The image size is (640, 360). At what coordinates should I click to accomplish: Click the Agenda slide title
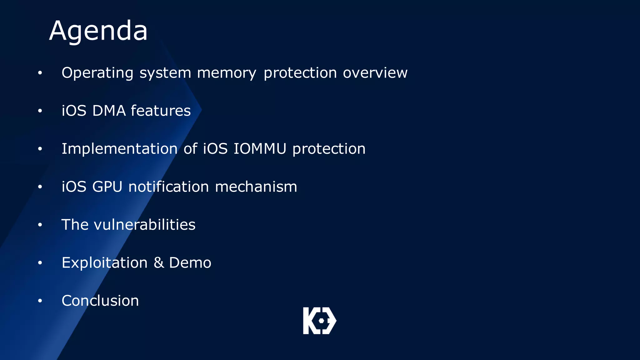click(98, 31)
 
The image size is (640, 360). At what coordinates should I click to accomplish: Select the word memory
click(227, 73)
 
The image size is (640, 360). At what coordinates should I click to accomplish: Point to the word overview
click(375, 73)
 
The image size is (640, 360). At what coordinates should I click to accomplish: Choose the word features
click(161, 111)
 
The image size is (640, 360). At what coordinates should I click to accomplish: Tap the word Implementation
click(120, 149)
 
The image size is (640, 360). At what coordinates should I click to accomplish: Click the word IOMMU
click(260, 149)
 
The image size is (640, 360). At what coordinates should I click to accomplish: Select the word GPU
click(107, 187)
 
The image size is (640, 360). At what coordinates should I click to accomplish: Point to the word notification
click(169, 187)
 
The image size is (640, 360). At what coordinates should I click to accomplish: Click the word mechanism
click(256, 187)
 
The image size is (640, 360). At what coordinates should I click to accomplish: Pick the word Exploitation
click(105, 263)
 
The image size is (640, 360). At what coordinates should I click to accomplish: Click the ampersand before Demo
click(159, 263)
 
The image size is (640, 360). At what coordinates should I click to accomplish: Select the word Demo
click(190, 263)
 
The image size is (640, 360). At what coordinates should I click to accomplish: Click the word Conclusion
click(100, 301)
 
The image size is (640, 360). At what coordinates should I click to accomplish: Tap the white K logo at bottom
click(319, 321)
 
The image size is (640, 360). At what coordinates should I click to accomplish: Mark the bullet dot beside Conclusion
click(40, 301)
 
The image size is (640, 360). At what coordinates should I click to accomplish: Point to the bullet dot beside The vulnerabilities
click(40, 225)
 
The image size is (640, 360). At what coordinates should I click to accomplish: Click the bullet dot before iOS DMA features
click(40, 111)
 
